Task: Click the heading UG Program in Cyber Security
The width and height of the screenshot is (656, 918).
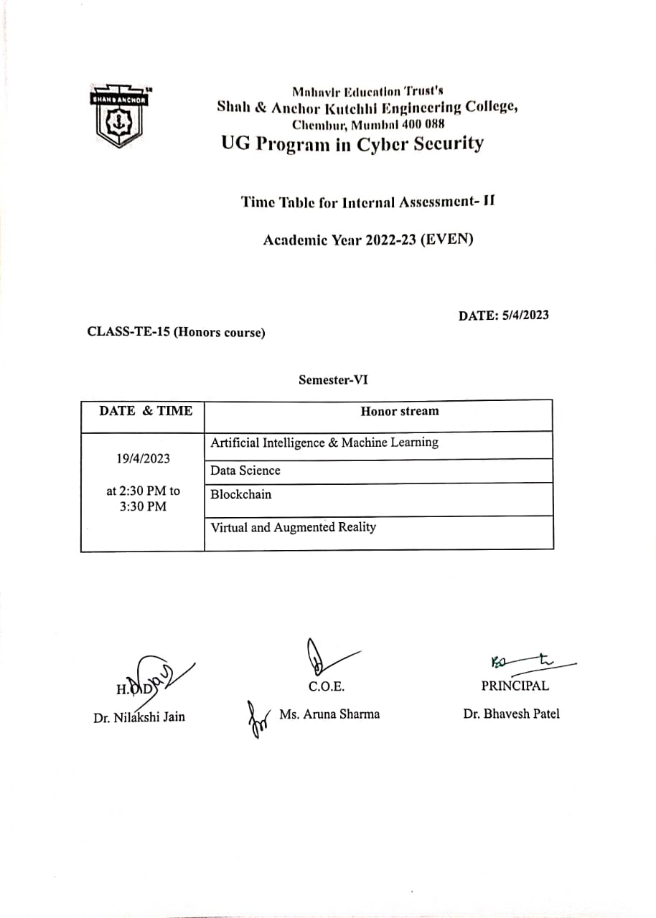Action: point(352,143)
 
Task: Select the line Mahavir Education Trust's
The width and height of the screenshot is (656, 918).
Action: point(367,91)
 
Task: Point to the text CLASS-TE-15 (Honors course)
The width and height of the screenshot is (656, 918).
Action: point(176,332)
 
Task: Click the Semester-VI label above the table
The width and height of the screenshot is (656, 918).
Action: point(333,380)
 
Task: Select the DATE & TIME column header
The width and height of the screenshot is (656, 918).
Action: point(146,411)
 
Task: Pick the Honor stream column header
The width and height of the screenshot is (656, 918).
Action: point(399,412)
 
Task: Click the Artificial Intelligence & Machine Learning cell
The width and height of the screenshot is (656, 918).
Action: point(324,443)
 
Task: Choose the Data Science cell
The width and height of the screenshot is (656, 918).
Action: point(245,470)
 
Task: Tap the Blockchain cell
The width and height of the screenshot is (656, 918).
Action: point(241,494)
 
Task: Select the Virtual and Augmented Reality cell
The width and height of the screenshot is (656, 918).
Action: point(293,527)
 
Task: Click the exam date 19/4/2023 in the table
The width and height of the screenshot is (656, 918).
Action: point(144,458)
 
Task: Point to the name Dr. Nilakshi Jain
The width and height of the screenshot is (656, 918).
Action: point(139,717)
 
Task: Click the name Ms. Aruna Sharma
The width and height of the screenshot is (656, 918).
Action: point(329,714)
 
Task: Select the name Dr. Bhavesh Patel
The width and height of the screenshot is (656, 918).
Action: point(512,714)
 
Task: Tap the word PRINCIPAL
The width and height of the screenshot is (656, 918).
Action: point(515,686)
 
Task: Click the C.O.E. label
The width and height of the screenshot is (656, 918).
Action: point(327,686)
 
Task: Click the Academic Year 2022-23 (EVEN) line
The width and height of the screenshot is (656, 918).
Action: point(368,240)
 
